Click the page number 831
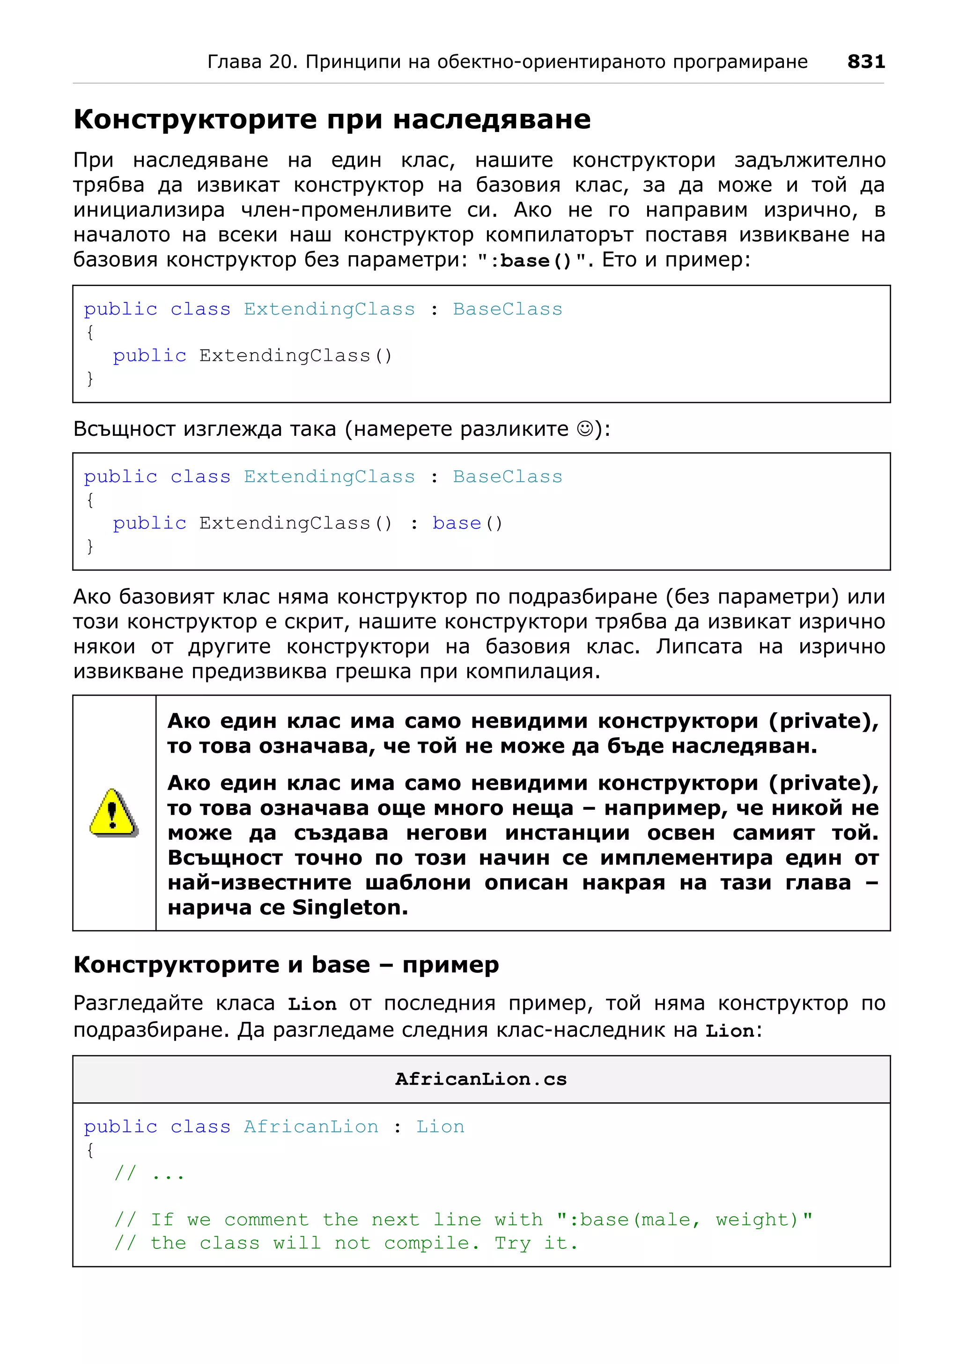click(866, 61)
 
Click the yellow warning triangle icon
click(113, 813)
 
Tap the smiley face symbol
click(585, 428)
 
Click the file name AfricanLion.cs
click(481, 1079)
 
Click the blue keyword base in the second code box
click(457, 523)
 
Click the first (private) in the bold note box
click(823, 721)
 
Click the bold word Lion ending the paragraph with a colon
click(729, 1031)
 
